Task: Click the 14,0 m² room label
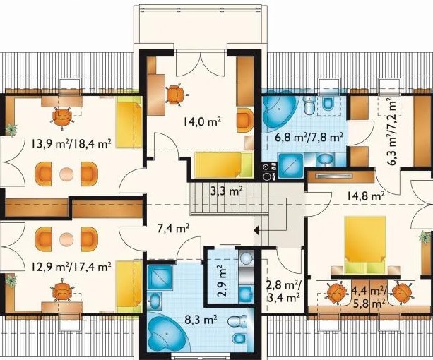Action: coord(202,122)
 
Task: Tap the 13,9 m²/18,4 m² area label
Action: coord(71,143)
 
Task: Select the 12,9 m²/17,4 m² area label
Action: coord(71,266)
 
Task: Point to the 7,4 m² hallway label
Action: coord(173,228)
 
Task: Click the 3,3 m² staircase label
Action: coord(227,191)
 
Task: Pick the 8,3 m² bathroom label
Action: coord(201,320)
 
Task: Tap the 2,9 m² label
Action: coord(223,281)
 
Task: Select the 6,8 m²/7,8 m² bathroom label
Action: coord(309,137)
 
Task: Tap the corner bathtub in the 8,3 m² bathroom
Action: coord(167,333)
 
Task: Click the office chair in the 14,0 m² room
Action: coord(175,95)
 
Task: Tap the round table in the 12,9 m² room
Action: coord(66,239)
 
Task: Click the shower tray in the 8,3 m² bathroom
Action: coord(160,277)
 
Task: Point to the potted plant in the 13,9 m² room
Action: coord(11,130)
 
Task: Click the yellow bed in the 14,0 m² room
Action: coord(224,165)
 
